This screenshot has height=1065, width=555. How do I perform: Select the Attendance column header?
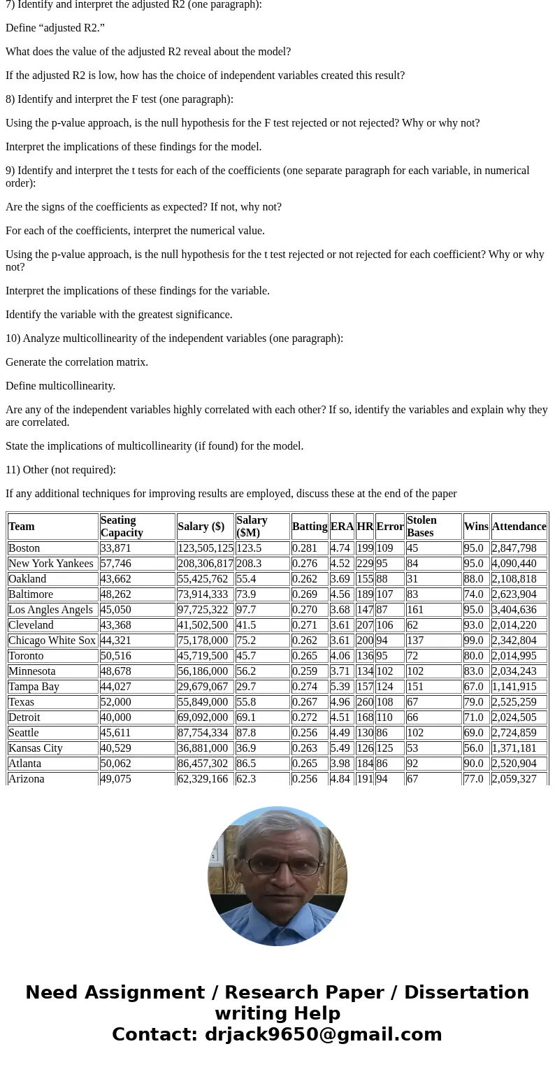pyautogui.click(x=519, y=527)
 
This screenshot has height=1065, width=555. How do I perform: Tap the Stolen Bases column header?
pyautogui.click(x=421, y=526)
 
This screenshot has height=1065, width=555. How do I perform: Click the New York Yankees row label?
pyautogui.click(x=50, y=564)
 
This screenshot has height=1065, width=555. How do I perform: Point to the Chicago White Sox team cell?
pyautogui.click(x=52, y=641)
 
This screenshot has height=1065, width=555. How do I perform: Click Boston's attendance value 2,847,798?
pyautogui.click(x=514, y=548)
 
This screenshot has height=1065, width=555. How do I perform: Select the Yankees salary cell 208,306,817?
pyautogui.click(x=205, y=564)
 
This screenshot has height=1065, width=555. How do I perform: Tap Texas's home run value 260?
pyautogui.click(x=365, y=702)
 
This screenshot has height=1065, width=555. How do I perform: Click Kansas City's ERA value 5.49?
pyautogui.click(x=342, y=748)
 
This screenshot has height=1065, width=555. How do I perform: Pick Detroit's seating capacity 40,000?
pyautogui.click(x=115, y=717)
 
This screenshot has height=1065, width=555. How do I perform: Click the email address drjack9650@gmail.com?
pyautogui.click(x=323, y=1034)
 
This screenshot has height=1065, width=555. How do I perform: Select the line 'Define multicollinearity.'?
pyautogui.click(x=60, y=386)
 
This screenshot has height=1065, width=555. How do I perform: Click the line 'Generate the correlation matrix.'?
pyautogui.click(x=77, y=362)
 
